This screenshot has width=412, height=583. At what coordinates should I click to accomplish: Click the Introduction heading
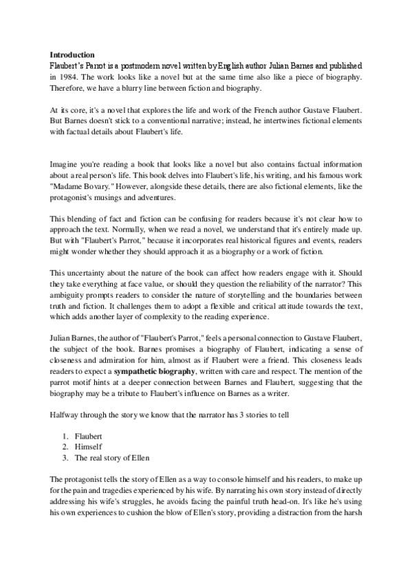click(72, 54)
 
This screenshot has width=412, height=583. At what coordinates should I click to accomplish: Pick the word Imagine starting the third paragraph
click(63, 164)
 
